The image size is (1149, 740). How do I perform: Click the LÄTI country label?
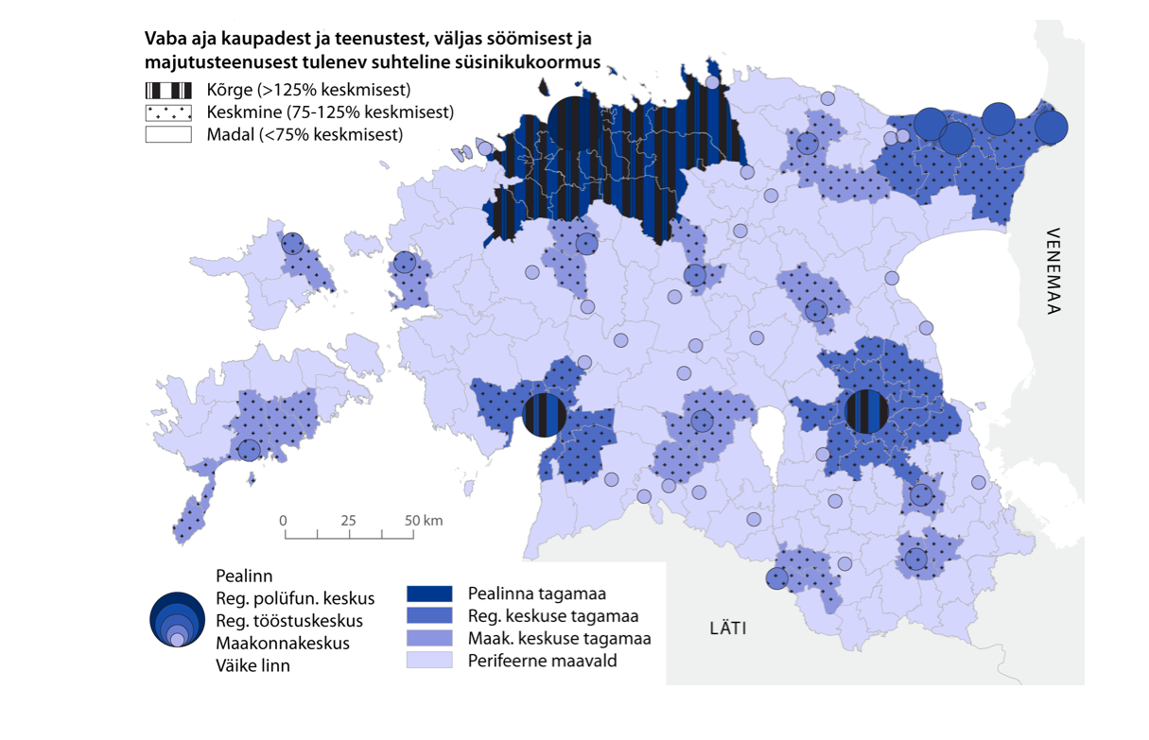coord(728,628)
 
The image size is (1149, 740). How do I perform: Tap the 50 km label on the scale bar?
coord(423,521)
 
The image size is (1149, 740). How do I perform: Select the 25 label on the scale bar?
coord(348,521)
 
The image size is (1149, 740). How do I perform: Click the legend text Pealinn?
coord(244,576)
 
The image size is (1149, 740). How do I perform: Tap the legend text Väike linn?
coord(252,665)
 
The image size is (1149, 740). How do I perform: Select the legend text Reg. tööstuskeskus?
coord(289,621)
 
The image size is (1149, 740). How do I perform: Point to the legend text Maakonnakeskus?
coord(283,643)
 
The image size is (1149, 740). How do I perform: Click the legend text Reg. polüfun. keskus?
coord(295,598)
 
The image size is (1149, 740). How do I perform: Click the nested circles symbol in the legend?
coord(177,620)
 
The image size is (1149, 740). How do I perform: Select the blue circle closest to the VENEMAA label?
coord(1051,126)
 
